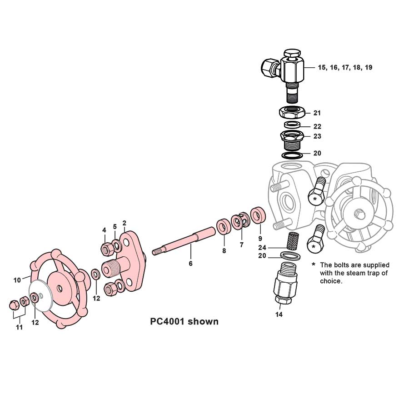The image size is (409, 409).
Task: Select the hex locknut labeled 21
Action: pyautogui.click(x=292, y=111)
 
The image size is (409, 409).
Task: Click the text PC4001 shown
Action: pyautogui.click(x=184, y=322)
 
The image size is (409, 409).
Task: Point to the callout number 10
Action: pyautogui.click(x=17, y=280)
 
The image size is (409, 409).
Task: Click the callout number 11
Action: pyautogui.click(x=20, y=327)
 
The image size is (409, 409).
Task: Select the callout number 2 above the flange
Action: pyautogui.click(x=124, y=223)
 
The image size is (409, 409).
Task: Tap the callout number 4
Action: pyautogui.click(x=104, y=230)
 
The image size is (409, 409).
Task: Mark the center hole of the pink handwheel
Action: pyautogui.click(x=60, y=288)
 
